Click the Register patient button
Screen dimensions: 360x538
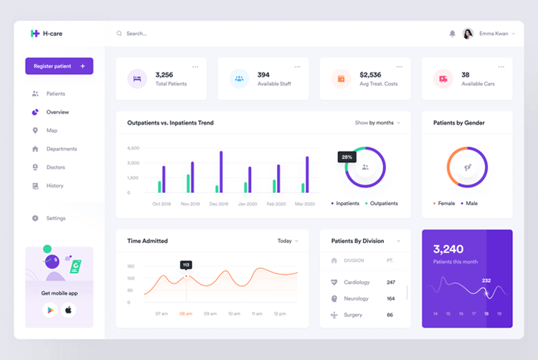point(59,66)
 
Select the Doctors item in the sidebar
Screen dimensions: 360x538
point(55,167)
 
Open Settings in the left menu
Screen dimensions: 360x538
point(55,218)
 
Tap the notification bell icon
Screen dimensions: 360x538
point(452,34)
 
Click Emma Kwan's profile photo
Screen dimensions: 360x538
point(468,34)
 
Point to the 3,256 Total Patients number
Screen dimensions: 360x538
point(164,75)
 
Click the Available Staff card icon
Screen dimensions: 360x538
point(239,79)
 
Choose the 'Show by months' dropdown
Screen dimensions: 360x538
point(377,123)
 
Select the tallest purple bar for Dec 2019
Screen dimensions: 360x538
point(221,171)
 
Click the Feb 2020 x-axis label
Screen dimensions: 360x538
point(276,204)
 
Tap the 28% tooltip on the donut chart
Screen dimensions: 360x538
point(346,156)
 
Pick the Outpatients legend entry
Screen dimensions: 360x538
point(383,203)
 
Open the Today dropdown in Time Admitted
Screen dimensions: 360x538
point(288,241)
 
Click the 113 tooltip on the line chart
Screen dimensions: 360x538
point(186,265)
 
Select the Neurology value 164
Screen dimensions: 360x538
point(391,298)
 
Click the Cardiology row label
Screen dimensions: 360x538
point(357,283)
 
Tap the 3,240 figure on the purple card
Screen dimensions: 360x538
point(448,250)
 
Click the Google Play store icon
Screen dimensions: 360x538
point(49,310)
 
